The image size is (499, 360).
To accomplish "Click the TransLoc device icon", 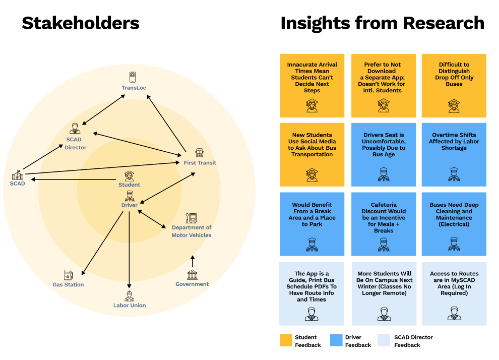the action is tap(133, 77).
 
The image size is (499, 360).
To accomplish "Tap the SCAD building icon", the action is tap(18, 175).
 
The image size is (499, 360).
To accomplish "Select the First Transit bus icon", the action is tap(200, 153).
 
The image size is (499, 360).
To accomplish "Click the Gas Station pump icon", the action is tap(69, 275).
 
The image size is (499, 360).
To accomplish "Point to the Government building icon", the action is tap(192, 275).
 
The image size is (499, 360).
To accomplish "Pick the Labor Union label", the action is tap(130, 305).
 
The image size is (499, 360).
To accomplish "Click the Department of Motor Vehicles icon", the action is tap(192, 218).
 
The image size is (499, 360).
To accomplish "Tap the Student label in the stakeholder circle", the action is tap(129, 185).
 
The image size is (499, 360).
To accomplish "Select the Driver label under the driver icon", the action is tap(129, 205).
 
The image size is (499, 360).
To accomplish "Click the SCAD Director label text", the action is tap(76, 144).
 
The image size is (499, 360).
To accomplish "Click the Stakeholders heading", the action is tap(81, 23).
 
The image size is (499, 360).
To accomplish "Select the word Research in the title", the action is tap(444, 23).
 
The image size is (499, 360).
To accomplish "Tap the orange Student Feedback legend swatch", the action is tap(286, 340).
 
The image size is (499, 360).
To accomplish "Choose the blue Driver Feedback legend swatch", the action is tap(336, 340).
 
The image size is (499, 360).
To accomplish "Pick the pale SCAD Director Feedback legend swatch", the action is tap(384, 340).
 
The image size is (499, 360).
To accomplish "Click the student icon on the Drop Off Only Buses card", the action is tap(454, 106).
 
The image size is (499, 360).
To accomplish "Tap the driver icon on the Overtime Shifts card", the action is tap(454, 174).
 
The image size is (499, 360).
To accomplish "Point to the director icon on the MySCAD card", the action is tap(454, 314).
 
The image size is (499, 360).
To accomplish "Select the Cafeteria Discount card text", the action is tap(384, 218).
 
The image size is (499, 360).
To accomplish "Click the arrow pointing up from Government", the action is tap(192, 261).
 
